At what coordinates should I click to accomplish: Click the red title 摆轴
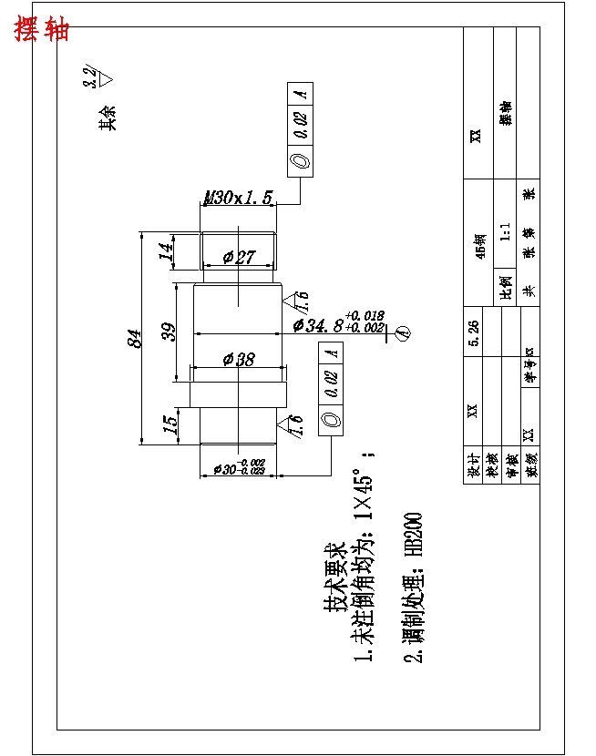(x=42, y=29)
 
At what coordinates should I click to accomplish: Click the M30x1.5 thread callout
(x=238, y=198)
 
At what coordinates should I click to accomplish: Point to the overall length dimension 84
(x=134, y=338)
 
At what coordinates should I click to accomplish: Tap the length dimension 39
(x=169, y=332)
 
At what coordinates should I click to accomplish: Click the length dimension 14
(x=166, y=251)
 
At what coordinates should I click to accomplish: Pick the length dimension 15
(x=170, y=423)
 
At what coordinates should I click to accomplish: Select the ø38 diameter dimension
(x=239, y=360)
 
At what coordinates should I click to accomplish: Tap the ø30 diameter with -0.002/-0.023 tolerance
(x=238, y=467)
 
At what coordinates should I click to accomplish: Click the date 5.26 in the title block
(x=473, y=332)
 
